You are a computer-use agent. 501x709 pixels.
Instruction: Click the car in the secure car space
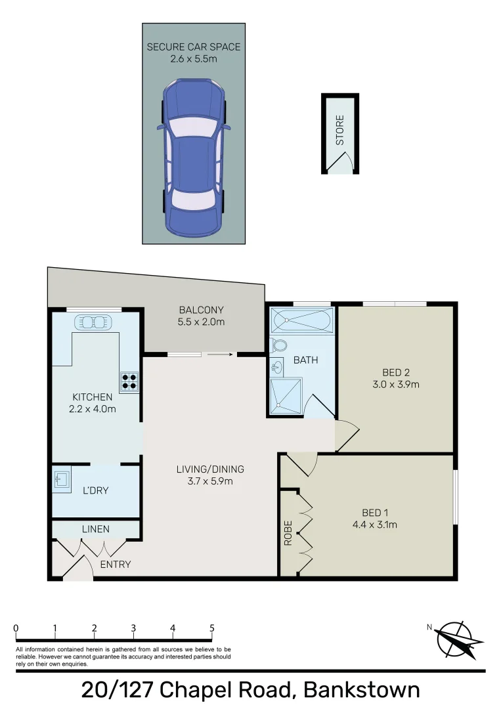pos(194,158)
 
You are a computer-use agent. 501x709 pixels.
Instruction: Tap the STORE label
pos(340,130)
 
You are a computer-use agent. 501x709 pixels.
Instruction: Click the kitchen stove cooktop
pos(129,381)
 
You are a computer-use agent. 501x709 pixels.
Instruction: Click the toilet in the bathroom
pos(278,346)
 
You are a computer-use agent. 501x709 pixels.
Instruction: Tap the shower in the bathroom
pos(286,397)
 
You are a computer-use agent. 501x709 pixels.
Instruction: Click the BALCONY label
pos(202,311)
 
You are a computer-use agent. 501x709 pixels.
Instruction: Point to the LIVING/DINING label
pos(210,469)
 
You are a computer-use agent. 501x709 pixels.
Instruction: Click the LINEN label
pos(96,529)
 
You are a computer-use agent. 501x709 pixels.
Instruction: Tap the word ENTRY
pos(116,565)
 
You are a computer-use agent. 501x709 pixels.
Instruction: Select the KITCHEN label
pos(93,397)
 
